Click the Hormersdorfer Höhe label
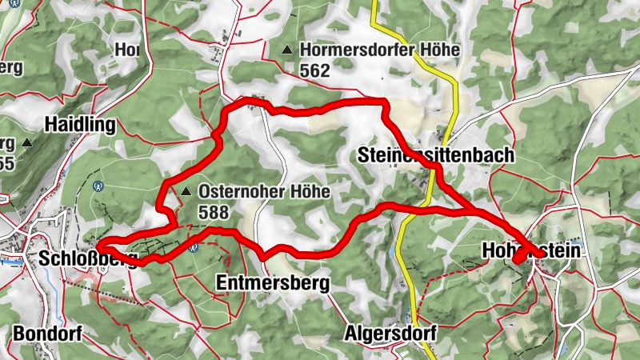click(380, 50)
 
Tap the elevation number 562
click(315, 70)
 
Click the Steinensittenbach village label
click(436, 154)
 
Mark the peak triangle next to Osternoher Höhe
click(186, 192)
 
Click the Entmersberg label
click(273, 283)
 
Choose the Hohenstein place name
click(530, 251)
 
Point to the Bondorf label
click(47, 334)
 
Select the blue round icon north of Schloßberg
click(98, 186)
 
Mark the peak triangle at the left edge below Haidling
click(27, 143)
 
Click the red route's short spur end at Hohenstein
click(516, 261)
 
